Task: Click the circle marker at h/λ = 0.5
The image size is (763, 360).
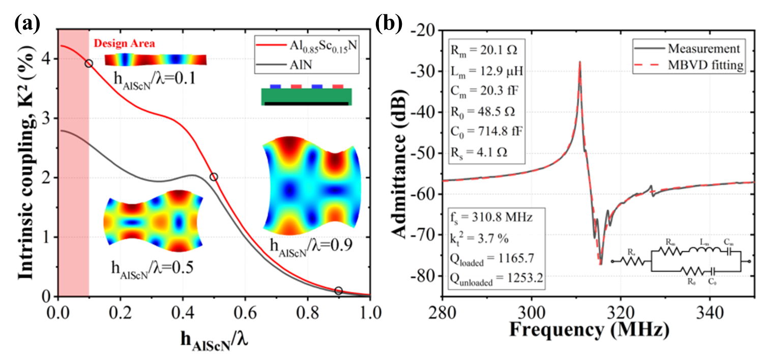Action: [214, 177]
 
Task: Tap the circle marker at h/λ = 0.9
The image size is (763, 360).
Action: [338, 291]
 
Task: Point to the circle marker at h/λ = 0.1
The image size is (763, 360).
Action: [89, 64]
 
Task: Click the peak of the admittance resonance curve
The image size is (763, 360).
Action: [579, 62]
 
